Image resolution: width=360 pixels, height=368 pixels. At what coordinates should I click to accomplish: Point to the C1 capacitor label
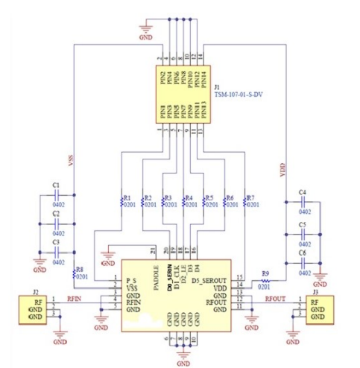click(x=56, y=185)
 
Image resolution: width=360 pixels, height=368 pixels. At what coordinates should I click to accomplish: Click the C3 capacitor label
click(x=56, y=242)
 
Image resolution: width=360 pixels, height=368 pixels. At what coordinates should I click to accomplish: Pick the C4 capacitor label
click(x=303, y=192)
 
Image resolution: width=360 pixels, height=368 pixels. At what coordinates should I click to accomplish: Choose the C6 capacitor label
click(x=303, y=254)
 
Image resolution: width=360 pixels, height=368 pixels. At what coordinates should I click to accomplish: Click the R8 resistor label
click(x=80, y=269)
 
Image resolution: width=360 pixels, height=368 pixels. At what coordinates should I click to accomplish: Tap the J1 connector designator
click(x=217, y=88)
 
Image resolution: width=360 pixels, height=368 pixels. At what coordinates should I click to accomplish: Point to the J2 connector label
click(x=35, y=291)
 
